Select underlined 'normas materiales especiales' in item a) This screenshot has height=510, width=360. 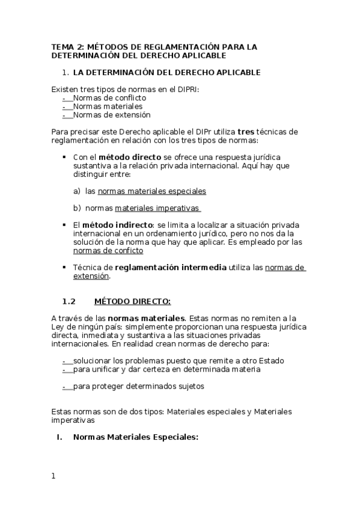(x=152, y=191)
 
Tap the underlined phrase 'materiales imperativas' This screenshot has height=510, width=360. (x=157, y=207)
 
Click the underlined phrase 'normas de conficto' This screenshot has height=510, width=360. (x=108, y=250)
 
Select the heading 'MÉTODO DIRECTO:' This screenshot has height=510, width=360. (x=133, y=301)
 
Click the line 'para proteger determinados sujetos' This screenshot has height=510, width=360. (x=138, y=386)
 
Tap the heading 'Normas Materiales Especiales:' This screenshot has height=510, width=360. (x=135, y=437)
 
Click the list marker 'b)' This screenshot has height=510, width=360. (x=77, y=208)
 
